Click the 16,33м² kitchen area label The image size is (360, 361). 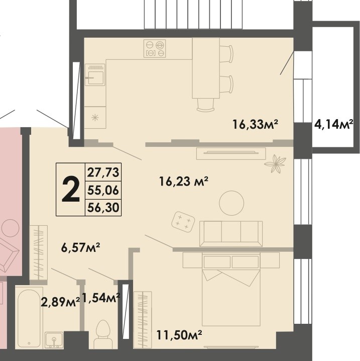pyautogui.click(x=255, y=124)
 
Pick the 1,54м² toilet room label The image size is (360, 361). pyautogui.click(x=101, y=298)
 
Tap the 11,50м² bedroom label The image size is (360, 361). pyautogui.click(x=179, y=334)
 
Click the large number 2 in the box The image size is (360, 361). pyautogui.click(x=70, y=190)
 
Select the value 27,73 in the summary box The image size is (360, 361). pyautogui.click(x=103, y=173)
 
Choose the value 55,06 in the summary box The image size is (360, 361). pyautogui.click(x=103, y=190)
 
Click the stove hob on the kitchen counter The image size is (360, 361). pyautogui.click(x=155, y=49)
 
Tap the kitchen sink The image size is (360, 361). pyautogui.click(x=95, y=76)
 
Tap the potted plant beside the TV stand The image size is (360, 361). pyautogui.click(x=276, y=162)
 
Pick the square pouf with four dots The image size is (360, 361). pyautogui.click(x=183, y=221)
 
